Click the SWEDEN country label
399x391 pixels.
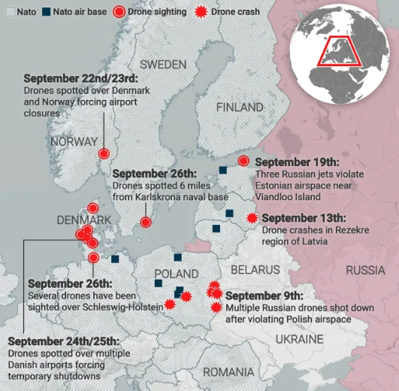(x=163, y=64)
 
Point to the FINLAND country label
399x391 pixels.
(x=240, y=108)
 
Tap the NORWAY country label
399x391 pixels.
(x=74, y=141)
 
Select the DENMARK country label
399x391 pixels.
(x=84, y=220)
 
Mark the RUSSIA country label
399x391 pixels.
(x=365, y=270)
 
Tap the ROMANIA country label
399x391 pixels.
(x=228, y=372)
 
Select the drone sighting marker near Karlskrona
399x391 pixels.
(x=147, y=222)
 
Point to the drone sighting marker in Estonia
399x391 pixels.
(x=243, y=161)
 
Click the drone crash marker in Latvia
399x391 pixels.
(x=251, y=218)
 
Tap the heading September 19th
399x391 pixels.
(x=298, y=162)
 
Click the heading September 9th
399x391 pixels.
(x=264, y=296)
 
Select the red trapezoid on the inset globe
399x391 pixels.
(x=334, y=55)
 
